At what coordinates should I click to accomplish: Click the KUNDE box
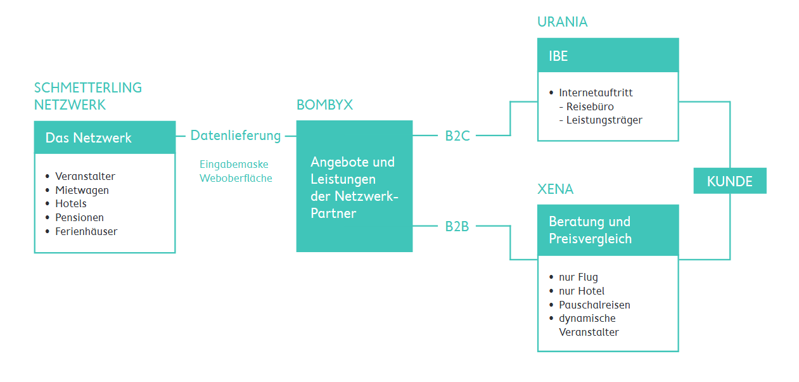click(729, 181)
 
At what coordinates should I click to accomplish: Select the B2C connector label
click(457, 136)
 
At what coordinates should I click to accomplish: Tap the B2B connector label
click(457, 226)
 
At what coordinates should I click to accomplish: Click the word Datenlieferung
click(235, 136)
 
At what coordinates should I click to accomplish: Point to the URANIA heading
click(562, 22)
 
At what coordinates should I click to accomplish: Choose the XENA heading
click(555, 189)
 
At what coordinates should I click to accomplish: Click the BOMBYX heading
click(324, 105)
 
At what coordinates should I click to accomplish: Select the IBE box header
click(608, 56)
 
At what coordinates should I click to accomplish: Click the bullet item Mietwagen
click(82, 190)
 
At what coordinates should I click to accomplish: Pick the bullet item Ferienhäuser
click(86, 231)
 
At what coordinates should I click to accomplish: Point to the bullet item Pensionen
click(79, 217)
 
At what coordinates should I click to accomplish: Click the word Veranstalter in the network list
click(85, 176)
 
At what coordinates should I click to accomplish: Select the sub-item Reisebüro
click(590, 106)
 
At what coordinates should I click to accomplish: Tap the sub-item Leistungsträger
click(604, 120)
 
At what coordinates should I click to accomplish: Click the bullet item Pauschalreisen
click(594, 305)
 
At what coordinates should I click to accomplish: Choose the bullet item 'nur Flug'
click(578, 277)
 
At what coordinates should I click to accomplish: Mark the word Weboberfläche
click(236, 179)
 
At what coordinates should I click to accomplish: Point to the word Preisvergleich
click(590, 239)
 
